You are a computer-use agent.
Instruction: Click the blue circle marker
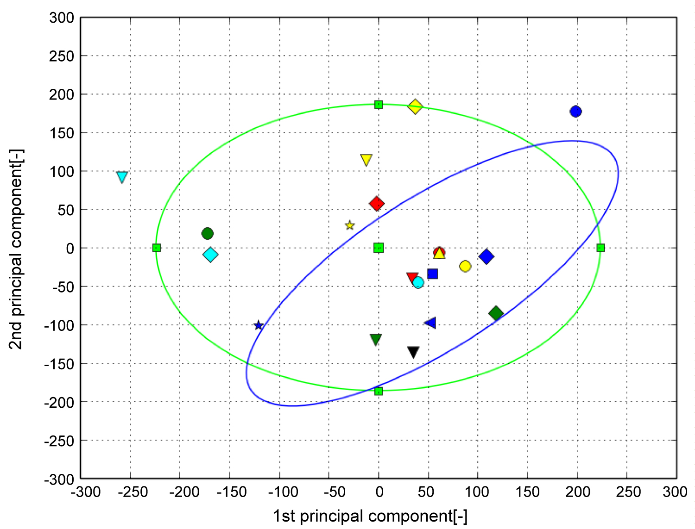(x=575, y=112)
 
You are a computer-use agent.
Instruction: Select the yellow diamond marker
(x=415, y=106)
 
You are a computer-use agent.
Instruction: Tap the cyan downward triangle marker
(x=122, y=177)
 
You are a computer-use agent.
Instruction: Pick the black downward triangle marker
(x=413, y=352)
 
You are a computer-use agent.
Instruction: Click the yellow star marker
(x=350, y=225)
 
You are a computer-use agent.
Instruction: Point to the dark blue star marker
(x=259, y=325)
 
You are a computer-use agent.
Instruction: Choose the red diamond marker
(x=377, y=204)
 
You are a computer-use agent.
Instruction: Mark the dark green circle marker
(x=208, y=234)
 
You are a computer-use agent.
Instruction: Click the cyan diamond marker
(x=210, y=255)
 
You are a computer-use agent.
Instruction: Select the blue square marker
(x=432, y=274)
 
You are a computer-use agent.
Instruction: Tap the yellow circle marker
(x=465, y=266)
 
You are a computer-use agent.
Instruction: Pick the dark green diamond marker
(x=496, y=313)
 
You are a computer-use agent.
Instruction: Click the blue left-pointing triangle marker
(x=430, y=323)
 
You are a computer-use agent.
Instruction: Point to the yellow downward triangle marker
(x=366, y=160)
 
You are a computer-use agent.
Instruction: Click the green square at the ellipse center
(x=379, y=248)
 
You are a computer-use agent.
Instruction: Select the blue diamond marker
(x=486, y=256)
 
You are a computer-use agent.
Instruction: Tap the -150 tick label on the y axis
(x=59, y=364)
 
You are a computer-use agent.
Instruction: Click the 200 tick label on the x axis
(x=577, y=492)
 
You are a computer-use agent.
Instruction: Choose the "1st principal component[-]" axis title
(x=370, y=516)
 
